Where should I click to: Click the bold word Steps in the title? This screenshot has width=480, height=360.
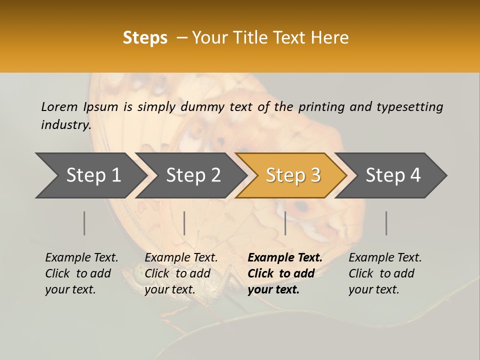point(145,38)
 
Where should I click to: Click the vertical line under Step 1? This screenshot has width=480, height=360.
point(84,223)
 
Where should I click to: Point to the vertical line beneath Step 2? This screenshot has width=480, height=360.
point(184,223)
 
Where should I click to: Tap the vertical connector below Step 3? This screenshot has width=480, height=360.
point(285,223)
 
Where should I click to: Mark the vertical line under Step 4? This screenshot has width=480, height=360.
point(386,223)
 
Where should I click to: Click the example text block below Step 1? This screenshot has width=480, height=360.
point(81,273)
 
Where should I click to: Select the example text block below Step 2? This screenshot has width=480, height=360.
point(181,273)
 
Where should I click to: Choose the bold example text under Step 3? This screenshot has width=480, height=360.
point(285,273)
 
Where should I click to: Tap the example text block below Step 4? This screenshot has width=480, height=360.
point(385,273)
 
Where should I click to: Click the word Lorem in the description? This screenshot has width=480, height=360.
point(59,106)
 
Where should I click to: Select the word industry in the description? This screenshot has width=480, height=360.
point(66,125)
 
